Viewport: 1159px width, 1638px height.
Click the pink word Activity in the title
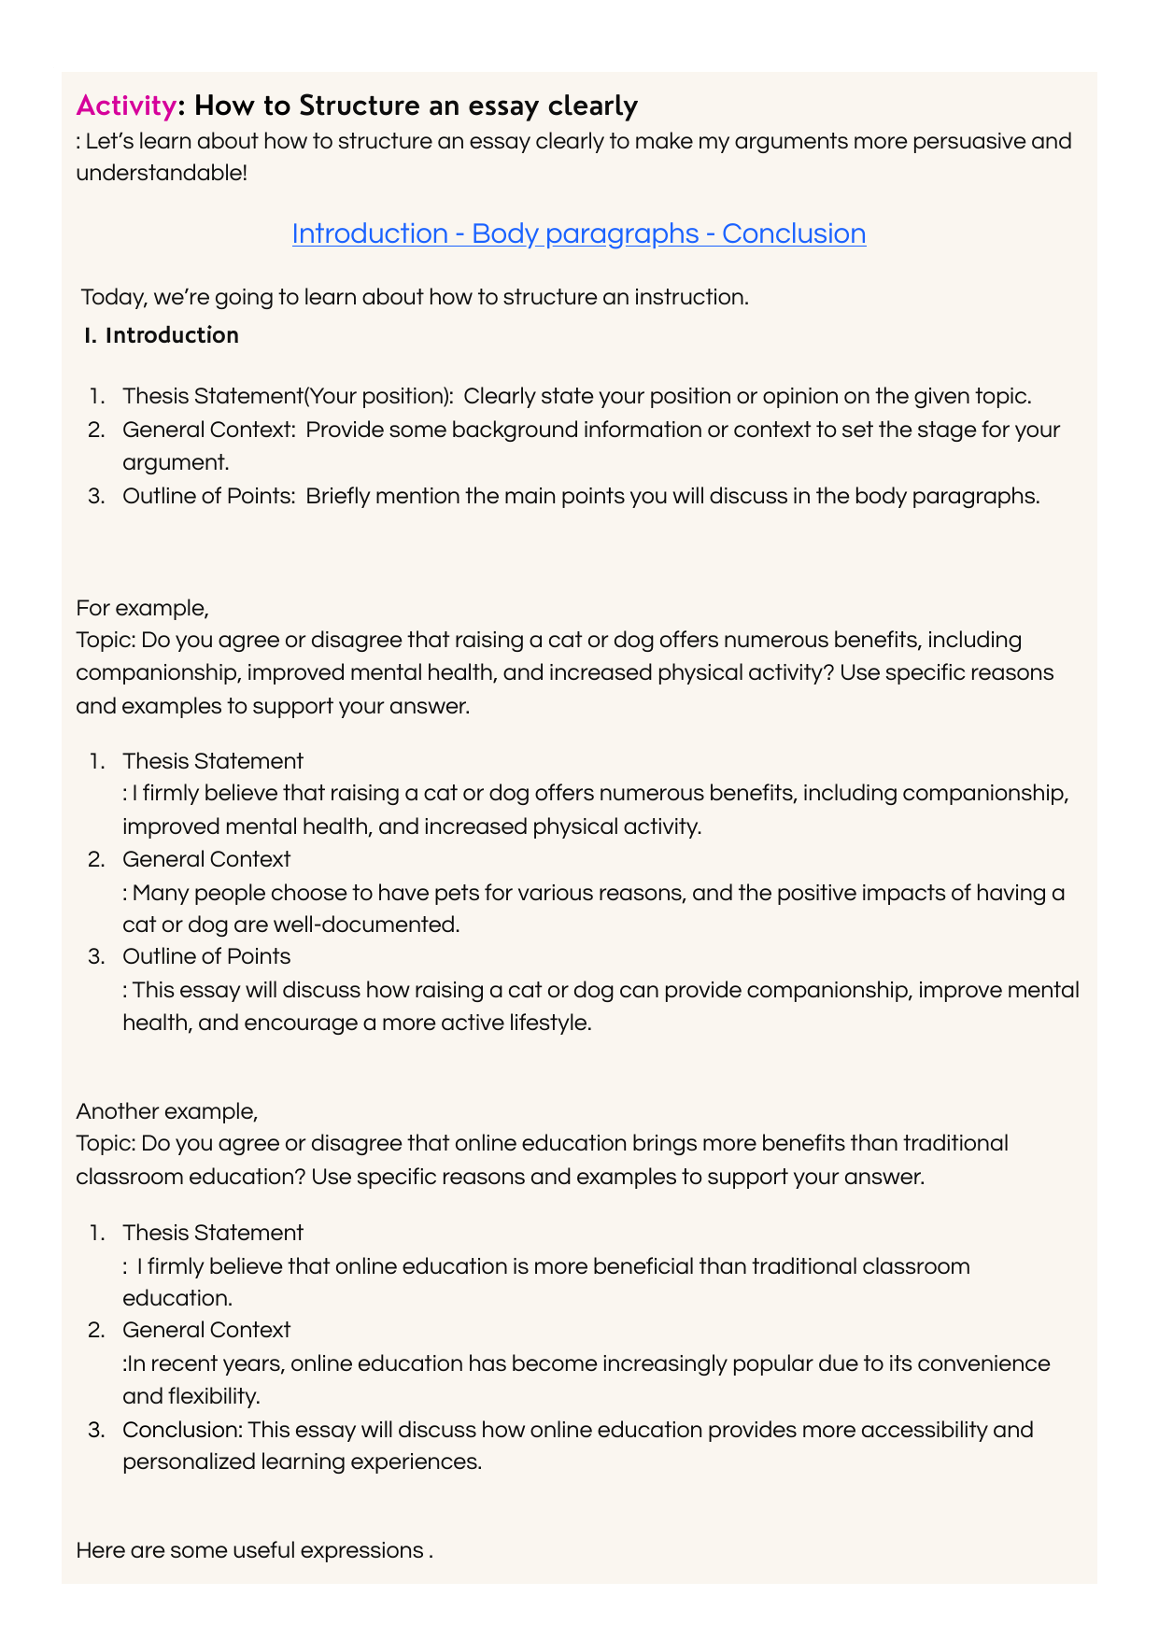pos(125,106)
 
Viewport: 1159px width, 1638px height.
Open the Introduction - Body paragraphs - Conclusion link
pos(578,233)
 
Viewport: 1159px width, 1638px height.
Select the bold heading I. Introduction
pos(161,335)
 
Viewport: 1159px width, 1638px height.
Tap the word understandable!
pos(162,174)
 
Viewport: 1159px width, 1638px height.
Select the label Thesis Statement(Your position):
pos(288,396)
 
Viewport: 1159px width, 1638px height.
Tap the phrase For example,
pos(142,608)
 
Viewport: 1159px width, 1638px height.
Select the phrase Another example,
pos(167,1111)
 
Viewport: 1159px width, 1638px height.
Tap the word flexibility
pos(215,1397)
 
